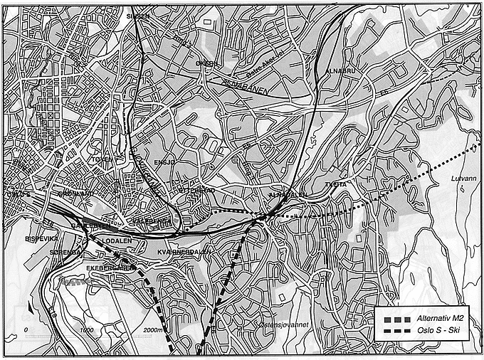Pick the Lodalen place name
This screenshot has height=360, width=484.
pyautogui.click(x=118, y=240)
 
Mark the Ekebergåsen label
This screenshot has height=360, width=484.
pyautogui.click(x=110, y=268)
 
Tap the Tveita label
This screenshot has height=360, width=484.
pyautogui.click(x=335, y=184)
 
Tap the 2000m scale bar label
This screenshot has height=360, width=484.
pyautogui.click(x=152, y=331)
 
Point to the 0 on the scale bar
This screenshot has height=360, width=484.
pyautogui.click(x=26, y=331)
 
